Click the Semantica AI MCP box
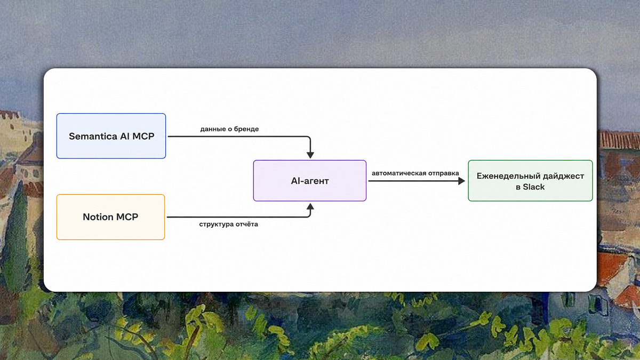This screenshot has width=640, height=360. pos(111,136)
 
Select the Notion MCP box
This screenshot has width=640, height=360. pos(110,217)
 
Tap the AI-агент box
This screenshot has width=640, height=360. pos(310,181)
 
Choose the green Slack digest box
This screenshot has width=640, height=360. pos(530,181)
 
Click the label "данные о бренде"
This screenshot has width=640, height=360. pos(229,129)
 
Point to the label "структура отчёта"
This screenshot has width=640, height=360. pos(229,225)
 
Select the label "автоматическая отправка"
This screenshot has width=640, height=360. pos(415,173)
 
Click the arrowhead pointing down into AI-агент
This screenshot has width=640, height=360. pos(310,155)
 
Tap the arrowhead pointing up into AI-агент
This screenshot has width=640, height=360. pos(310,206)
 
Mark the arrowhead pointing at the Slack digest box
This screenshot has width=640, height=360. pos(461,181)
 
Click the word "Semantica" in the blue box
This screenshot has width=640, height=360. pos(93,137)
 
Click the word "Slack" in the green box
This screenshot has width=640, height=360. pos(534,187)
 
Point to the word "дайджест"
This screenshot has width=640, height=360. pos(563,177)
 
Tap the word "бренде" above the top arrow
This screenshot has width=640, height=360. pos(246,129)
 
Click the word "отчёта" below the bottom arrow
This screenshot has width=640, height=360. pos(247,225)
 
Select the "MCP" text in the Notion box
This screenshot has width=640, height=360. pos(127,217)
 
